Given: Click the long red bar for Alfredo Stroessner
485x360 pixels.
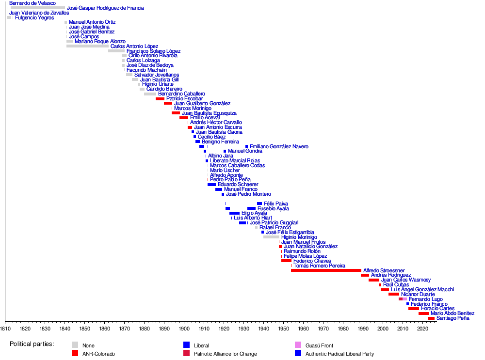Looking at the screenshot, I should click(x=326, y=270).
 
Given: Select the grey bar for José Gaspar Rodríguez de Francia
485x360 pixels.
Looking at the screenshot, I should click(x=38, y=8).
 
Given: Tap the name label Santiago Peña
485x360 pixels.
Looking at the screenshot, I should click(x=453, y=318).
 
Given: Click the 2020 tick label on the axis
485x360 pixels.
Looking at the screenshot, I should click(x=422, y=328).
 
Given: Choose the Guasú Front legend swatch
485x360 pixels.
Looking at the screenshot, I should click(x=298, y=345).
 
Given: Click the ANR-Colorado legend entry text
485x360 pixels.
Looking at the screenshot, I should click(x=98, y=354).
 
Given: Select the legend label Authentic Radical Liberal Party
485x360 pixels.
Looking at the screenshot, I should click(x=339, y=354).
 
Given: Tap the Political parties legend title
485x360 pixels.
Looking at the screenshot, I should click(x=32, y=344).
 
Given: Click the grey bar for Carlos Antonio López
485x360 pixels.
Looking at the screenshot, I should click(x=87, y=46).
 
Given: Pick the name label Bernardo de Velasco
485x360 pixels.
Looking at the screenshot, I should click(x=32, y=3).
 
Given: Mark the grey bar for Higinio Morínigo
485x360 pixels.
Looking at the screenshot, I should click(x=271, y=237).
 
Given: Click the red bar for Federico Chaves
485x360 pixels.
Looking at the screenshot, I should click(x=286, y=261).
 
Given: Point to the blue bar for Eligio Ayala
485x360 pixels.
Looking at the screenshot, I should click(x=234, y=213).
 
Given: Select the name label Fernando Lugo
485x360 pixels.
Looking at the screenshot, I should click(x=425, y=299).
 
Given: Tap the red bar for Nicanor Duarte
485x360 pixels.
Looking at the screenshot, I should click(x=393, y=294).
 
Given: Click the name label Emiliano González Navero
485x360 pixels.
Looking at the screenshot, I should click(x=279, y=146).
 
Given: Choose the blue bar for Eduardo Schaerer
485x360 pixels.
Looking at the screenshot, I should click(x=211, y=185).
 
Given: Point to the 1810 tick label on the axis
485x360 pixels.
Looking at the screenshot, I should click(x=5, y=328).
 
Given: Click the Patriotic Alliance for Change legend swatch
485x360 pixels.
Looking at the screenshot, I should click(x=186, y=354).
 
